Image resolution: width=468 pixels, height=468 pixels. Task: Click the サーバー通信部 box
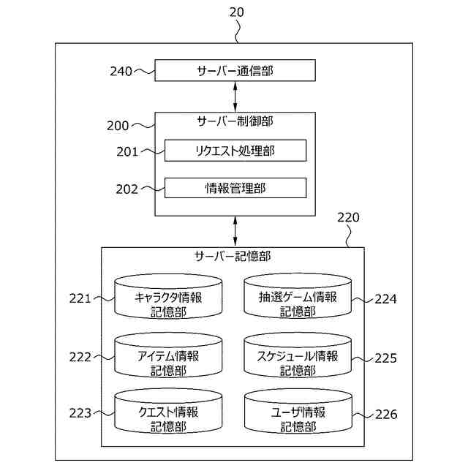point(235,71)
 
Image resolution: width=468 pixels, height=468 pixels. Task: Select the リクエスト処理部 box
point(235,151)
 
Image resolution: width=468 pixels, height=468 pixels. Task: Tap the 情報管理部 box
point(235,188)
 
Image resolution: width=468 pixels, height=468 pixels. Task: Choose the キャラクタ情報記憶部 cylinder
point(168,298)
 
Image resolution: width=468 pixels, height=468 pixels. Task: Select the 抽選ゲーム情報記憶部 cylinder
point(298,298)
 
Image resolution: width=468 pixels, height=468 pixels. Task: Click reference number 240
point(121,71)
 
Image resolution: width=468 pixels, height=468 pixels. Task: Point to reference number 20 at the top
point(236,12)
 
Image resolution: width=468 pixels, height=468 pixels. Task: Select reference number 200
point(118,125)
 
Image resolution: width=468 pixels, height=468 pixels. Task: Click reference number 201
point(127,151)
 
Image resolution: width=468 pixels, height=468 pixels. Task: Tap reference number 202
point(127,189)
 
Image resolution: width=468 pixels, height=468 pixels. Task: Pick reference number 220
point(347,217)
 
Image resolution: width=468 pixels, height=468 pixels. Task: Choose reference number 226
point(385,415)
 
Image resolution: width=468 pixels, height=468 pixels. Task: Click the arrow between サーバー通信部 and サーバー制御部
point(235,96)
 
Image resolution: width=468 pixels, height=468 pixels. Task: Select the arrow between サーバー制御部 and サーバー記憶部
point(235,231)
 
